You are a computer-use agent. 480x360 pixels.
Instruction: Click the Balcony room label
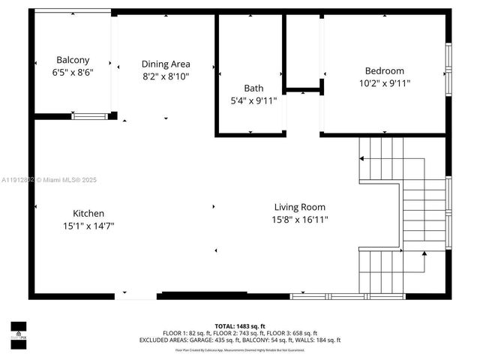point(73,60)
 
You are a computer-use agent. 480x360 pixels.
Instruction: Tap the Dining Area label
point(166,64)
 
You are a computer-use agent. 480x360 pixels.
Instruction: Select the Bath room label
point(253,88)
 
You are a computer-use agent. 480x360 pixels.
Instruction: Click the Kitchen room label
point(88,213)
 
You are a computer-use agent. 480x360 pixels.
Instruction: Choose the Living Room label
point(300,207)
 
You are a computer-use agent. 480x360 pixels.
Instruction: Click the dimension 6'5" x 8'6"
point(73,73)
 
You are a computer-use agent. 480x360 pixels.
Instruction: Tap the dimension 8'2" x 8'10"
point(166,76)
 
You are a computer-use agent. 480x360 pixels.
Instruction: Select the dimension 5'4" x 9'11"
point(253,100)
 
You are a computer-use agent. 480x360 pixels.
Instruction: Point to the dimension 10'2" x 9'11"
point(385,83)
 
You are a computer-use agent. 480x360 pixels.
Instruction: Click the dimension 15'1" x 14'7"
point(88,226)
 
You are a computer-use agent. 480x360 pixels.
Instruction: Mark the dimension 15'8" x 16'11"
point(300,220)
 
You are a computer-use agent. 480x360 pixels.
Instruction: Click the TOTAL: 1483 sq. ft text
point(240,326)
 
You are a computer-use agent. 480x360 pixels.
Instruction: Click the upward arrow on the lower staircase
point(425,256)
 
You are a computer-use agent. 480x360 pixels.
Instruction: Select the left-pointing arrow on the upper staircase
point(361,158)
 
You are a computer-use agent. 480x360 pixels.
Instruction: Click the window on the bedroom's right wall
point(448,67)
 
